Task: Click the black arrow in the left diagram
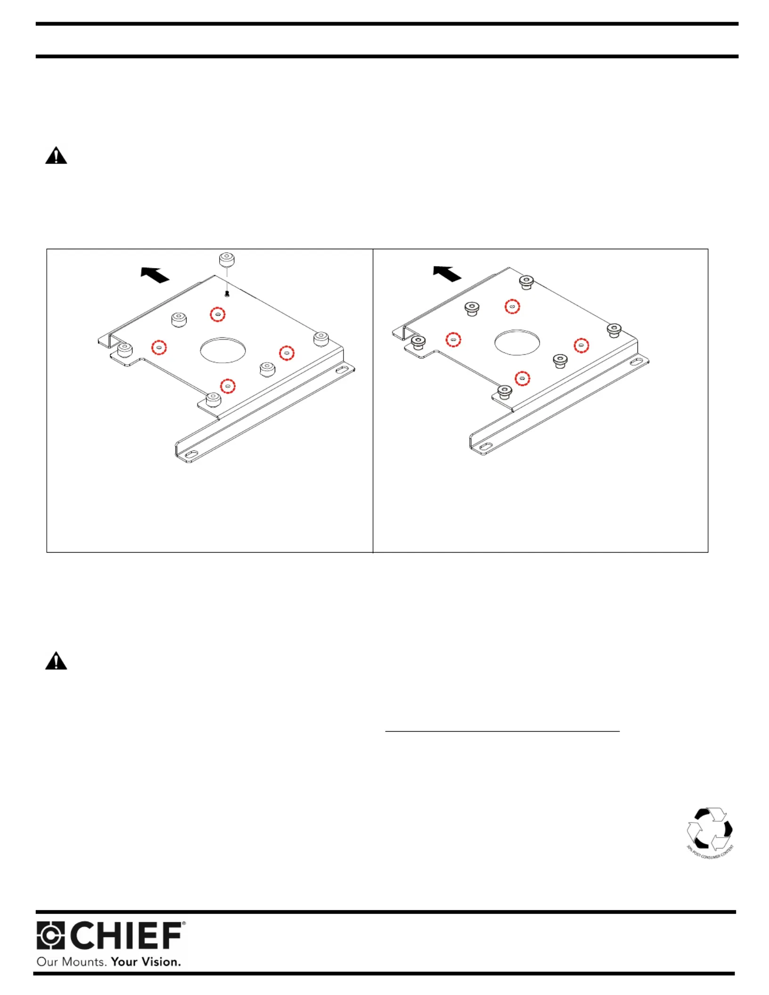click(x=155, y=274)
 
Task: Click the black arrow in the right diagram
click(x=447, y=273)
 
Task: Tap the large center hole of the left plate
click(x=223, y=350)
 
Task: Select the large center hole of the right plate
click(x=517, y=342)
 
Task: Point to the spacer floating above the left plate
click(x=227, y=260)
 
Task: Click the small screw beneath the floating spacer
click(x=227, y=294)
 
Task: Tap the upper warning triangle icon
click(x=56, y=155)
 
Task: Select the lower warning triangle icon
click(x=56, y=661)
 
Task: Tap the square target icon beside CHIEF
click(x=50, y=935)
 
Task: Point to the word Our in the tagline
click(x=47, y=962)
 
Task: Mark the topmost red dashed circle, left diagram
click(x=217, y=314)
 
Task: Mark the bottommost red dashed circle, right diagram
click(x=522, y=378)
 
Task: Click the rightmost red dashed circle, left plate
click(x=286, y=353)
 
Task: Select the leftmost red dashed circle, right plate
click(x=453, y=339)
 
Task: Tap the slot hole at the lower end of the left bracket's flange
click(x=191, y=454)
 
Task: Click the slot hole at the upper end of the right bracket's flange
click(x=636, y=362)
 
